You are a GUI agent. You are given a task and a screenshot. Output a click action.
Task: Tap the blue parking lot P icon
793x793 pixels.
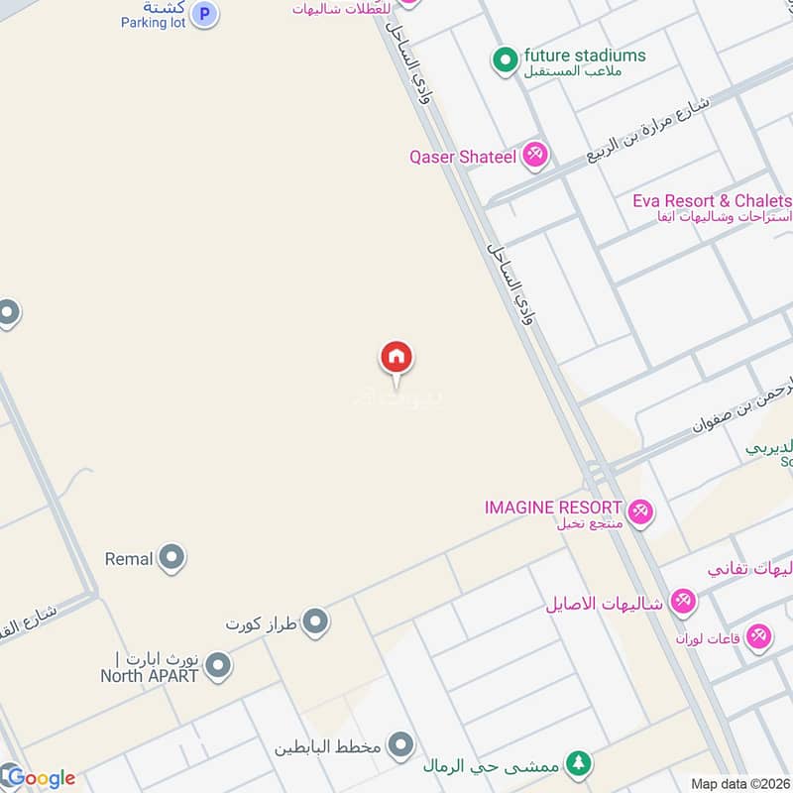[204, 14]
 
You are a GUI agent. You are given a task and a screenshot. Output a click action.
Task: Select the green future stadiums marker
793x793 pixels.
[506, 61]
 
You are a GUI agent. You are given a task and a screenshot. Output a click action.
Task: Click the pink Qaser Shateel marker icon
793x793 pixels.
[535, 155]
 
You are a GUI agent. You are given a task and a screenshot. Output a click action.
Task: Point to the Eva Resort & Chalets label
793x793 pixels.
[712, 201]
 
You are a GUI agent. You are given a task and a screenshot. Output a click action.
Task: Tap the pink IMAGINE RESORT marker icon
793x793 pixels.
[640, 511]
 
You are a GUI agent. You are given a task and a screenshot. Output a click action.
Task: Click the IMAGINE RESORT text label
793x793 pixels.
[553, 508]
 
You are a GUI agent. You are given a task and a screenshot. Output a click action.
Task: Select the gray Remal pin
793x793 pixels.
[172, 558]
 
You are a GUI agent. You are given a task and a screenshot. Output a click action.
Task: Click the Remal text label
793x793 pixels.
[129, 559]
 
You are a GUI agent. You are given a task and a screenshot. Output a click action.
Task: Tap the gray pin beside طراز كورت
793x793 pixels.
[316, 623]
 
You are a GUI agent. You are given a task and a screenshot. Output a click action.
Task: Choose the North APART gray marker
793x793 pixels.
[218, 666]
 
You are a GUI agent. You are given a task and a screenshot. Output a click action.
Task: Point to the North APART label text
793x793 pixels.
[149, 676]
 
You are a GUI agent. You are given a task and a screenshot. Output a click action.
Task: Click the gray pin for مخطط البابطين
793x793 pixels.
[400, 744]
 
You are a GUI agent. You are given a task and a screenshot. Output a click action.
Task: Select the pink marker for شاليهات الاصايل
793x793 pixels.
[683, 601]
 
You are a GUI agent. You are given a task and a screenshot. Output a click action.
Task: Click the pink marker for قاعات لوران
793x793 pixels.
[759, 636]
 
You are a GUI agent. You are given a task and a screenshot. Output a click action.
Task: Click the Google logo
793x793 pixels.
[40, 778]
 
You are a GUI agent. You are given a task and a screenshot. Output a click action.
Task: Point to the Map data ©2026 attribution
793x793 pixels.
[740, 784]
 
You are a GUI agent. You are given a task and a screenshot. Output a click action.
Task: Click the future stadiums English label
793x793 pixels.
[585, 56]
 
